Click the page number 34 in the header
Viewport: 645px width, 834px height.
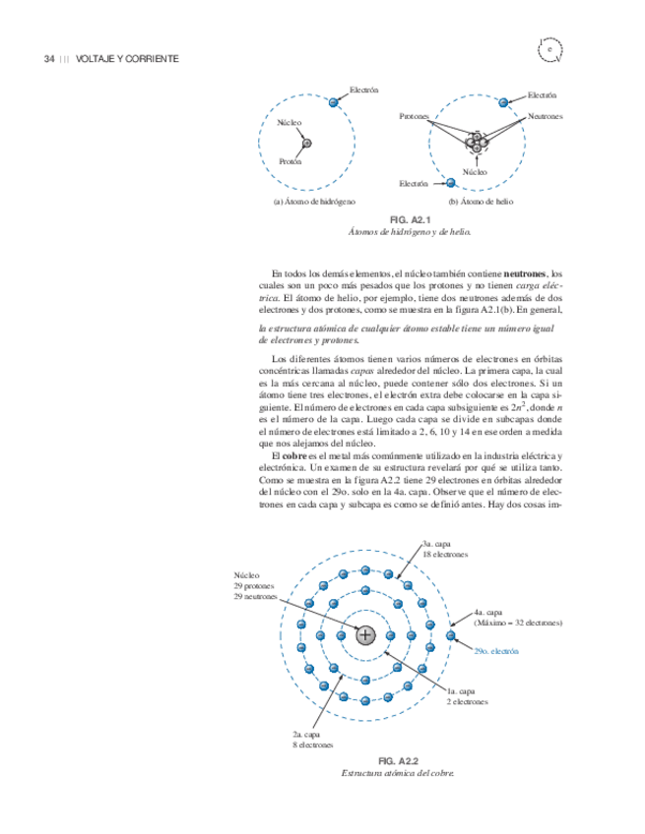tap(48, 59)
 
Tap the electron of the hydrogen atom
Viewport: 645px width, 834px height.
tap(334, 101)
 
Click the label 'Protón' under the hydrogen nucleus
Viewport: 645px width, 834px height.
tap(290, 161)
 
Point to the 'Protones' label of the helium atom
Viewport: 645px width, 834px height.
tap(415, 117)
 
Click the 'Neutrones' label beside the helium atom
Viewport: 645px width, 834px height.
tap(545, 116)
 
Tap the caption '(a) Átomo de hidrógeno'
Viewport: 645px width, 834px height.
tap(314, 201)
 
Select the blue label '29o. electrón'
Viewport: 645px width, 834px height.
tap(495, 651)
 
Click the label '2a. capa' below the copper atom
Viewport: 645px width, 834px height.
tap(307, 735)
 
